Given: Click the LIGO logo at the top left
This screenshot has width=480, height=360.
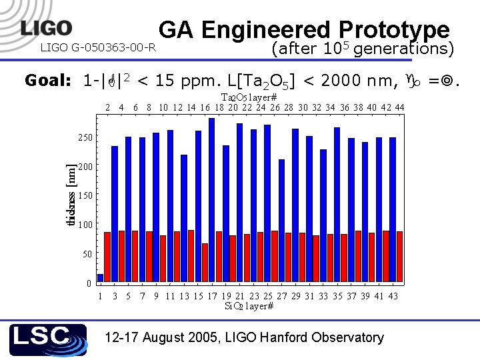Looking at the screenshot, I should (x=47, y=28).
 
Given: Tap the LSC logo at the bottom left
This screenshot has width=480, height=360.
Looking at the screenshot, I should (x=48, y=340).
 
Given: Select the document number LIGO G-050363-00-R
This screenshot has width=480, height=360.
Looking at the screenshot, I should (x=99, y=47).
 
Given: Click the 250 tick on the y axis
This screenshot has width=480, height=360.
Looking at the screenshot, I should (x=84, y=137).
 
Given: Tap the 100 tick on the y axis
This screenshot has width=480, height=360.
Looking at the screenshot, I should (x=84, y=225).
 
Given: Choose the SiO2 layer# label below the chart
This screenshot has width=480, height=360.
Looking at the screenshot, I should (x=249, y=306).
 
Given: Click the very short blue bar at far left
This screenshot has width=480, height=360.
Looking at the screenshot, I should (x=101, y=277).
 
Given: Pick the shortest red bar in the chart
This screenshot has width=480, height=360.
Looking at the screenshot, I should (x=205, y=263).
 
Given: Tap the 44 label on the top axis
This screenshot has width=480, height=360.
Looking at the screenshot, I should (x=399, y=107).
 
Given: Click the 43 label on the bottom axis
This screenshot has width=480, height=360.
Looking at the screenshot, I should (x=393, y=296).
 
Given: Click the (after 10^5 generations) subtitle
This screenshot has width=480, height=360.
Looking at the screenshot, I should (x=363, y=49).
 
